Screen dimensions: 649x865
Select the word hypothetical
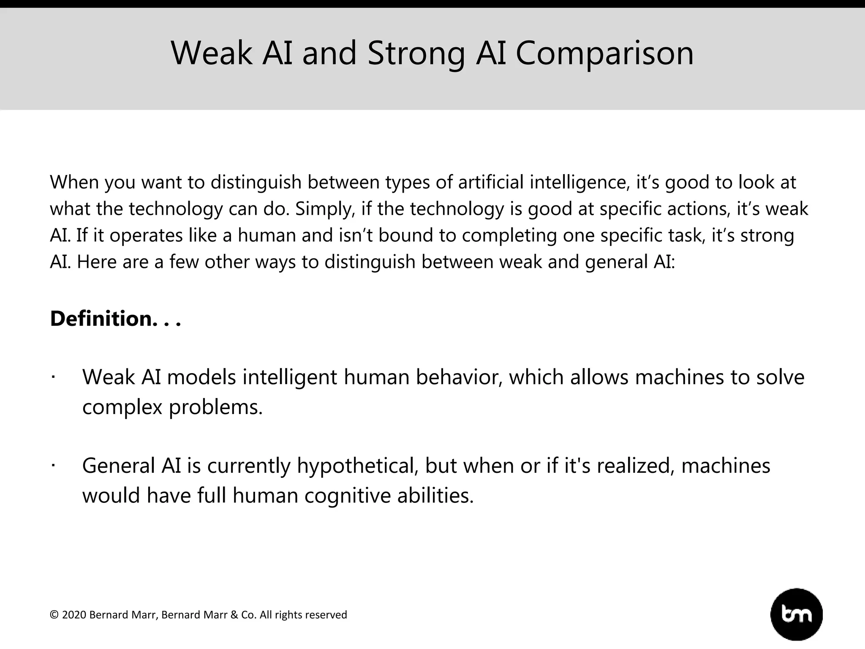tap(357, 466)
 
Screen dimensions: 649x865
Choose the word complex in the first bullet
tap(122, 407)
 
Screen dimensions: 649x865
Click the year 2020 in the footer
tap(74, 615)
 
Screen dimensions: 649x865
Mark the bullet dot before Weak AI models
tap(53, 377)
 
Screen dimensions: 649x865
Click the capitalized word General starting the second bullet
tap(119, 466)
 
